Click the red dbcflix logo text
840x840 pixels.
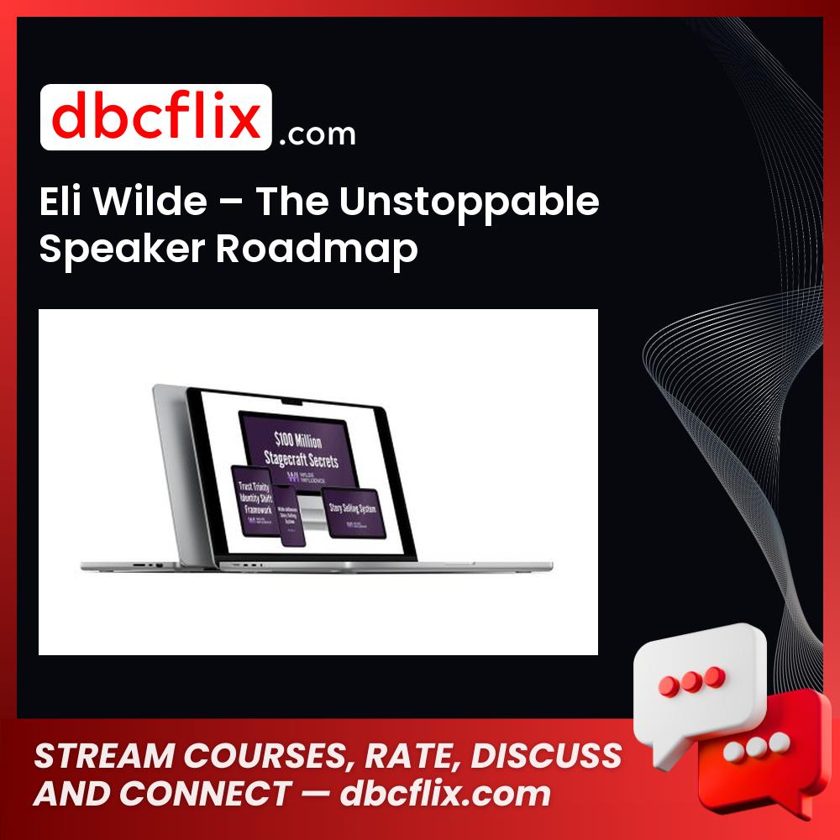click(155, 118)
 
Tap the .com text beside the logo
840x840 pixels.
click(317, 134)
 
